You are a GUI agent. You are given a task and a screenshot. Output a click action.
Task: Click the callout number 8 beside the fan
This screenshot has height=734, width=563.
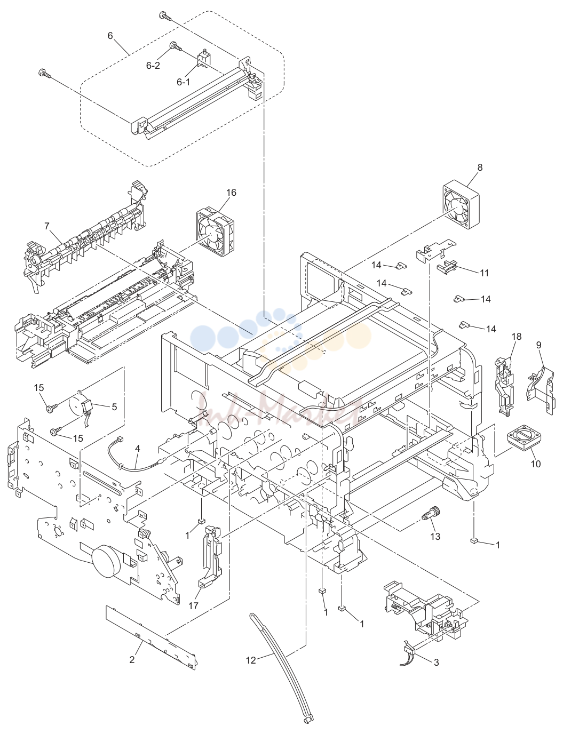480,167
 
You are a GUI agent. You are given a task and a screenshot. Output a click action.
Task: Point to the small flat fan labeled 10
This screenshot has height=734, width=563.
525,440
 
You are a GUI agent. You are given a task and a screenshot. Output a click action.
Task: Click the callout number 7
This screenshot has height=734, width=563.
47,226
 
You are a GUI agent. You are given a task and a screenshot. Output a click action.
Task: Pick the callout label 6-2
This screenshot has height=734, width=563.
153,66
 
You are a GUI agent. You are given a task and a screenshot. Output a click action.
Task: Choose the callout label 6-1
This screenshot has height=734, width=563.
184,82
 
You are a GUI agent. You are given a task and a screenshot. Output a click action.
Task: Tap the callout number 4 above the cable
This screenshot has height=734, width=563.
137,449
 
